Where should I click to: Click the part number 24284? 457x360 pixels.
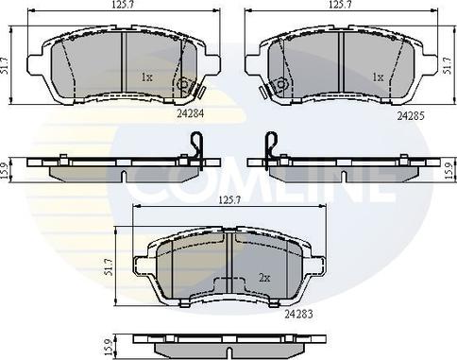tap(191, 113)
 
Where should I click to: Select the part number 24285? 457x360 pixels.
tap(411, 116)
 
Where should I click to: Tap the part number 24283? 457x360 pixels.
tap(298, 314)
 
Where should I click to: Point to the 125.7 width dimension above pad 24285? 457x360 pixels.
tap(340, 5)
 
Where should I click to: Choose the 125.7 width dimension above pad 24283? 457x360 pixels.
tap(229, 200)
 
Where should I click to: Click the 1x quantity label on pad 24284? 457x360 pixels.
tap(146, 77)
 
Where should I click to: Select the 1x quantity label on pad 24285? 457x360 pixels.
tap(378, 77)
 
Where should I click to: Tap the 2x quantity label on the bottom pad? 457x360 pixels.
tap(264, 278)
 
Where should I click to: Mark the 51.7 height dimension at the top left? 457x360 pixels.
tap(5, 65)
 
